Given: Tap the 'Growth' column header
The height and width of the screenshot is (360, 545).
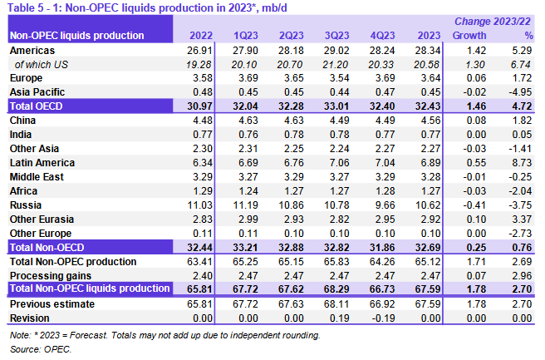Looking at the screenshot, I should [469, 36].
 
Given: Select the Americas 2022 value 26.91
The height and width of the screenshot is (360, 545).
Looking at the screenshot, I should [200, 50].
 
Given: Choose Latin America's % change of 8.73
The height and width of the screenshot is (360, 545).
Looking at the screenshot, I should [523, 163].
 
